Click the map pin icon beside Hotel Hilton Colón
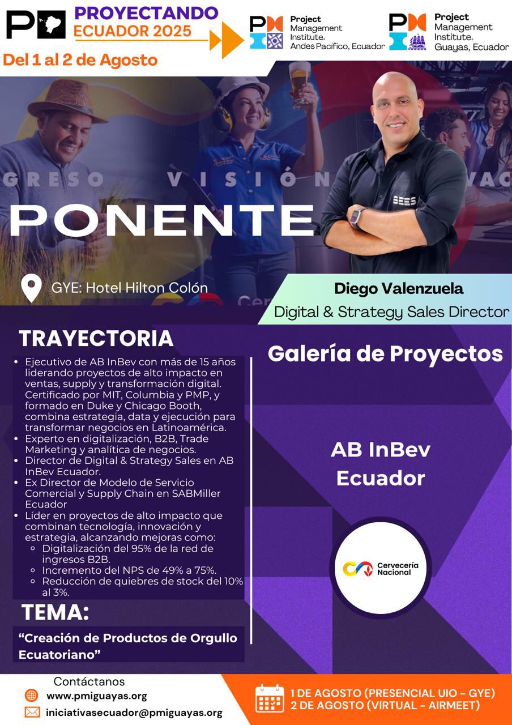pyautogui.click(x=31, y=288)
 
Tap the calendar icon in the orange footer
pyautogui.click(x=270, y=698)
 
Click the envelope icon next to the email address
pyautogui.click(x=32, y=712)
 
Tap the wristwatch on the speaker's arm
pyautogui.click(x=357, y=218)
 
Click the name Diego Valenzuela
pyautogui.click(x=398, y=289)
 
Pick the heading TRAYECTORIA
pyautogui.click(x=96, y=339)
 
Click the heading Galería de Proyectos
pyautogui.click(x=385, y=354)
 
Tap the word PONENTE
pyautogui.click(x=162, y=221)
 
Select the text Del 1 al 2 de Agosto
pyautogui.click(x=80, y=60)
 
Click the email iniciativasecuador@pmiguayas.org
pyautogui.click(x=134, y=713)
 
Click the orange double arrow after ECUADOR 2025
pyautogui.click(x=227, y=40)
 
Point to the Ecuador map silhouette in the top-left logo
pyautogui.click(x=52, y=24)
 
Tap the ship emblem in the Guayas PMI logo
pyautogui.click(x=417, y=42)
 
